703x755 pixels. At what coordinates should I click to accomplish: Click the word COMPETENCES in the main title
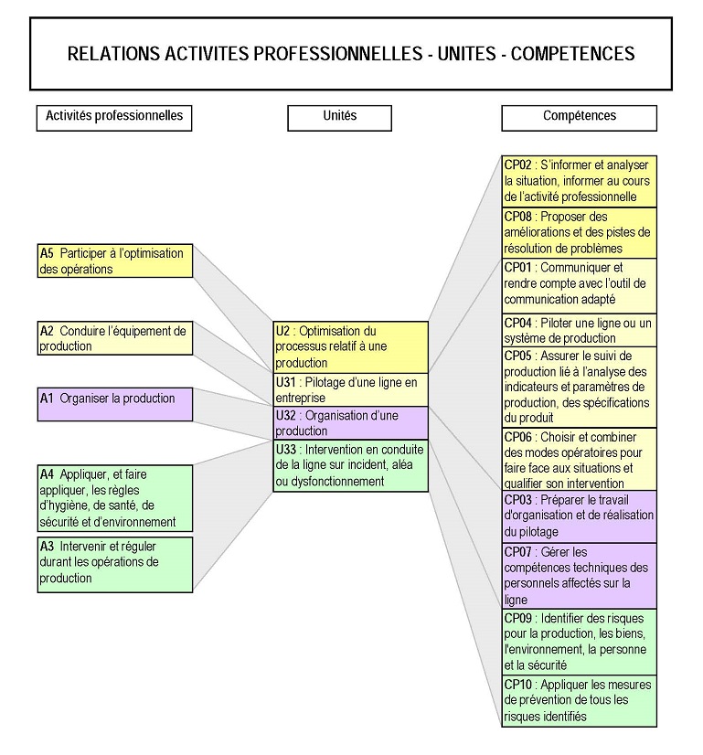[x=572, y=53]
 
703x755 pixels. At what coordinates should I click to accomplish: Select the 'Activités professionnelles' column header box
[x=114, y=117]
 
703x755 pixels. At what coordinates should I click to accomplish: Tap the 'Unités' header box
[x=339, y=117]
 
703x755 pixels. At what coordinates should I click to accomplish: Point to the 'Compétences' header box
[x=579, y=117]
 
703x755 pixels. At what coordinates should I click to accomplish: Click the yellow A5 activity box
[x=115, y=261]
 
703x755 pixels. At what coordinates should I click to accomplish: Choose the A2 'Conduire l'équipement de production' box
[x=115, y=338]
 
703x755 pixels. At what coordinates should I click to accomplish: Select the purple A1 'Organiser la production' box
[x=115, y=404]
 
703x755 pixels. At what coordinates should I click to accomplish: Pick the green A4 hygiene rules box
[x=115, y=498]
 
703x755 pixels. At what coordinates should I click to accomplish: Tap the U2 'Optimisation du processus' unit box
[x=351, y=346]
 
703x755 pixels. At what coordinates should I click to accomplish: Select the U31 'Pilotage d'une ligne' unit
[x=351, y=388]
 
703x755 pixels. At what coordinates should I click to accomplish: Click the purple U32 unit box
[x=351, y=422]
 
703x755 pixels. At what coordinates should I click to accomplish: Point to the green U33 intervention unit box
[x=351, y=465]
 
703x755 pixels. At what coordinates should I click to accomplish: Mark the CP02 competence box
[x=579, y=181]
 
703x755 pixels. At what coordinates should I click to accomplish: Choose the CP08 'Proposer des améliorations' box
[x=579, y=232]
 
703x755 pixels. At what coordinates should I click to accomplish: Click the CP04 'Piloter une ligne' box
[x=579, y=330]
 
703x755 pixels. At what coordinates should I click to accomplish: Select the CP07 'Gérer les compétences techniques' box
[x=579, y=576]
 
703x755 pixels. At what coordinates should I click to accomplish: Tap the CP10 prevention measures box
[x=579, y=700]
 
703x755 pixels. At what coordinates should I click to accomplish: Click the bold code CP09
[x=517, y=619]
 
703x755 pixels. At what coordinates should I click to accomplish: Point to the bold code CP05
[x=517, y=356]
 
